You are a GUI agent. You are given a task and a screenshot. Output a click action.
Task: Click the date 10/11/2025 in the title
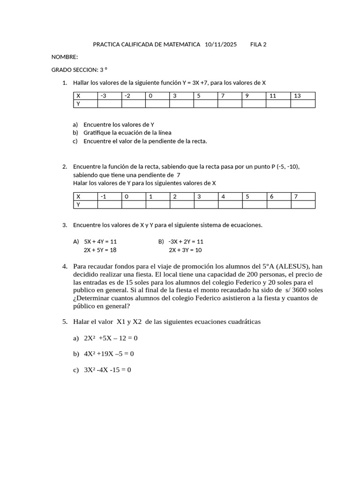coord(221,45)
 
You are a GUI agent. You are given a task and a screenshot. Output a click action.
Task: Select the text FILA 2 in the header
coord(258,45)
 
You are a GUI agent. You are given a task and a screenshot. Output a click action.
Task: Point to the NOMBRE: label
coord(65,57)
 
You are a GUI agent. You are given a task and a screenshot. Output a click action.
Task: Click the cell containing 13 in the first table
coord(302,96)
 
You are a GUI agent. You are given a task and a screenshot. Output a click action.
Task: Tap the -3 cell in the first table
coord(109,96)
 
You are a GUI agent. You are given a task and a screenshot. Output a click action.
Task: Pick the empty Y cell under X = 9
coord(254,104)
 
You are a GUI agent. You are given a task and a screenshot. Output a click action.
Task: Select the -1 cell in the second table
coord(109,196)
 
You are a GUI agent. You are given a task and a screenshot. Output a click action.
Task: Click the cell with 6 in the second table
coord(278,196)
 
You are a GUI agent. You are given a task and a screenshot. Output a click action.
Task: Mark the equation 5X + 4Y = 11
coord(100,242)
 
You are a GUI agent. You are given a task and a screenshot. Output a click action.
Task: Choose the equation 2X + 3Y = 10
coord(185,250)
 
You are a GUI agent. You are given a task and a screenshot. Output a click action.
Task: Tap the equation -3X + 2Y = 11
coord(186,242)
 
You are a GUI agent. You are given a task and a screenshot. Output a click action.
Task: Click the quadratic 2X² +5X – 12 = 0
coord(111,338)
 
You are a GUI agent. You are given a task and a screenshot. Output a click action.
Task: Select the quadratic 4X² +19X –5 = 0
coord(109,354)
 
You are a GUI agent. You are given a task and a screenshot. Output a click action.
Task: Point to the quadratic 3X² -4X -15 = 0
coord(107,370)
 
